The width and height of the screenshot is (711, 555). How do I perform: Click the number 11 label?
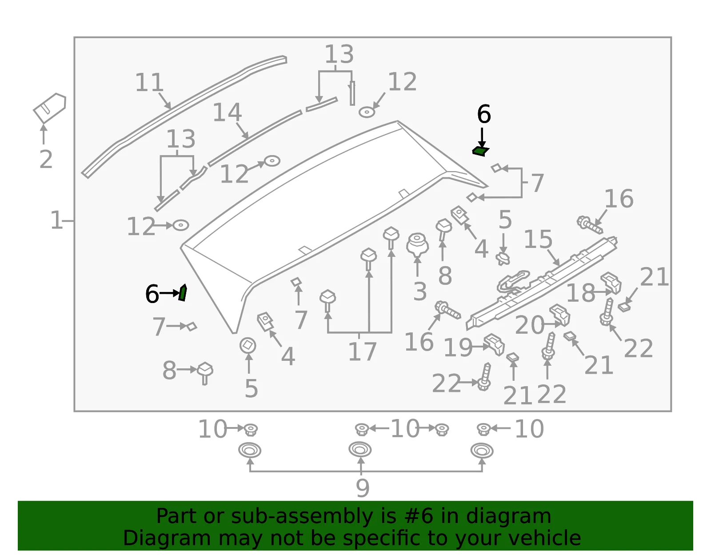149,82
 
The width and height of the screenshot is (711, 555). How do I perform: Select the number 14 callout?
228,112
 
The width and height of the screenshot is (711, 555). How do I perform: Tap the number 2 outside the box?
46,160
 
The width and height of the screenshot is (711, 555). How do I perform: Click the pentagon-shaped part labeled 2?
50,107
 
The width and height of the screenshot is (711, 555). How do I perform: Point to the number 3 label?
420,291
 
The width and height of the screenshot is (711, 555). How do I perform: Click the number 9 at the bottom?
363,488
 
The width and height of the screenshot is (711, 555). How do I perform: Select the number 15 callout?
538,239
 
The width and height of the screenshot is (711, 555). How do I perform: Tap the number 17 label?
362,351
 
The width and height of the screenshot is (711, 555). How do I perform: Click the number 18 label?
581,293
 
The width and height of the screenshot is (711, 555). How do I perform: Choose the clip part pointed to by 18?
611,283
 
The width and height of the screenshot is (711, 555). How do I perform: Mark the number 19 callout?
458,347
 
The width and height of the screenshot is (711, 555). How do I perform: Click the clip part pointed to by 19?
494,344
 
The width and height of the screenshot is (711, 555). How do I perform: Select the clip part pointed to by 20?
559,315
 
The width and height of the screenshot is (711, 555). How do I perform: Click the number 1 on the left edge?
56,220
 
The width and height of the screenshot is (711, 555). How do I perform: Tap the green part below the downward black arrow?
481,152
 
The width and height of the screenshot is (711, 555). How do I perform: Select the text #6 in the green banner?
419,516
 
